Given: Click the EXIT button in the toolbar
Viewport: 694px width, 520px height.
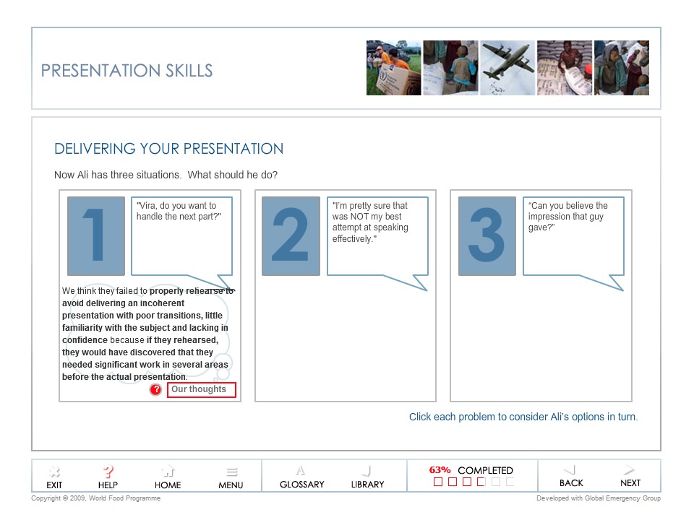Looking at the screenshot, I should tap(54, 477).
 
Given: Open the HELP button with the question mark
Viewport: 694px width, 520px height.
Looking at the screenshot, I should tap(108, 477).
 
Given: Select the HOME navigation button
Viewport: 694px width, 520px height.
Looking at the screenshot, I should tap(168, 477).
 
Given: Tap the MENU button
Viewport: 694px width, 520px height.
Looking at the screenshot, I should tap(231, 477).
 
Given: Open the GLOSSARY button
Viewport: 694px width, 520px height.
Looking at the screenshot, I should tap(301, 477).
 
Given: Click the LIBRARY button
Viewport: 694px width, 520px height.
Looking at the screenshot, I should tap(367, 477).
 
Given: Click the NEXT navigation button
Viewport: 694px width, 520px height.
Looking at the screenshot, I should tap(630, 476).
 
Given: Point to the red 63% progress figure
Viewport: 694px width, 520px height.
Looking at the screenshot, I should tap(440, 470).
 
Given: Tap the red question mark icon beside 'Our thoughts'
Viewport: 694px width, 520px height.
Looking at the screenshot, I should tap(155, 390).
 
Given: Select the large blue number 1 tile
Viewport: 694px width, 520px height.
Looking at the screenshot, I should tap(96, 236).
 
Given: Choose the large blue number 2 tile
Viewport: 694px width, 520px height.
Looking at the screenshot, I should tap(291, 236).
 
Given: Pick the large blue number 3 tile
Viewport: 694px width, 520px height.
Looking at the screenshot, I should tap(487, 236).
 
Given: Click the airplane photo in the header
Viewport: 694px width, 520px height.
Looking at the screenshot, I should tap(507, 68).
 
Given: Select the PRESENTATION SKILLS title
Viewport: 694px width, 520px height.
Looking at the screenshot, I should tap(127, 71).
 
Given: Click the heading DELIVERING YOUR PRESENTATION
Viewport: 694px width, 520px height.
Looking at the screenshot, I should tap(168, 149).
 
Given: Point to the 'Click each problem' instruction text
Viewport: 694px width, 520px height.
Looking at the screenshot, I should tap(523, 417).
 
